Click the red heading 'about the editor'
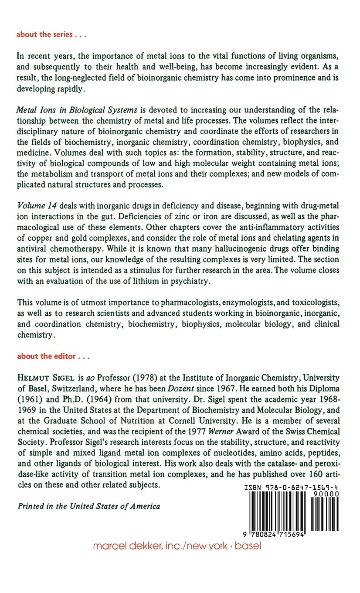(53, 356)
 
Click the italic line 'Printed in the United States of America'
(88, 506)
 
